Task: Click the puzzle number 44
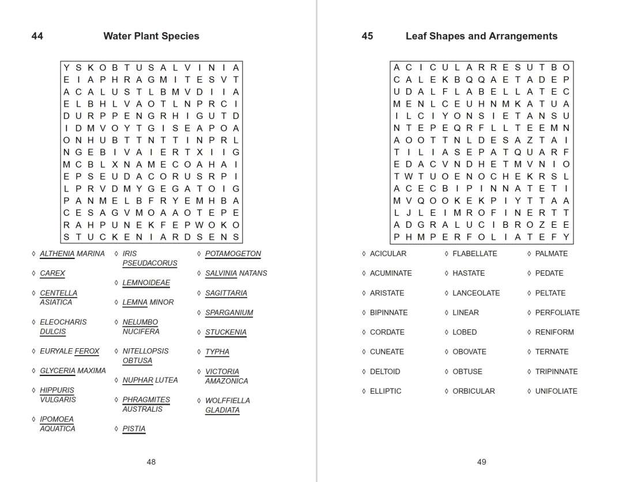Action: [x=37, y=36]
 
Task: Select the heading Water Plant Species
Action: [x=151, y=36]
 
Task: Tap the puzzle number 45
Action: [x=367, y=36]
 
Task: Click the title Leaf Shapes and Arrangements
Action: [x=481, y=36]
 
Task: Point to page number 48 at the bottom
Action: [x=151, y=462]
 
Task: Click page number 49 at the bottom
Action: [x=482, y=462]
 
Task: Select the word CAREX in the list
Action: [x=52, y=273]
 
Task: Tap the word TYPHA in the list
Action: [x=217, y=352]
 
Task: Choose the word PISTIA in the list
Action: [x=134, y=429]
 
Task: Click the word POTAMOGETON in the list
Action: [x=233, y=254]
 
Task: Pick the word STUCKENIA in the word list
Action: [x=226, y=332]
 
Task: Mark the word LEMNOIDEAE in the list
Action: [x=146, y=283]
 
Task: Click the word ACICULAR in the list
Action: [x=388, y=254]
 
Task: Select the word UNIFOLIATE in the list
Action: [x=556, y=391]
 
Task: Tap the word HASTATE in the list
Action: [x=469, y=273]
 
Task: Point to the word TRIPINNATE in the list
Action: [x=556, y=371]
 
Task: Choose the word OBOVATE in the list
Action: [x=469, y=352]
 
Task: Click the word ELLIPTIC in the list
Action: [x=386, y=391]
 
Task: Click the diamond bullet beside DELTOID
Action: [x=364, y=371]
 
